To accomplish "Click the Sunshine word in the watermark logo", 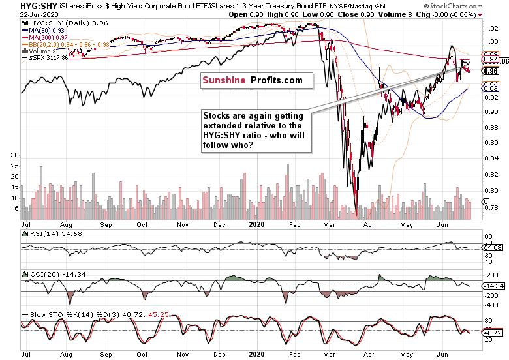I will click(x=223, y=80).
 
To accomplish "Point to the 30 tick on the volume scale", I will click(x=14, y=155).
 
